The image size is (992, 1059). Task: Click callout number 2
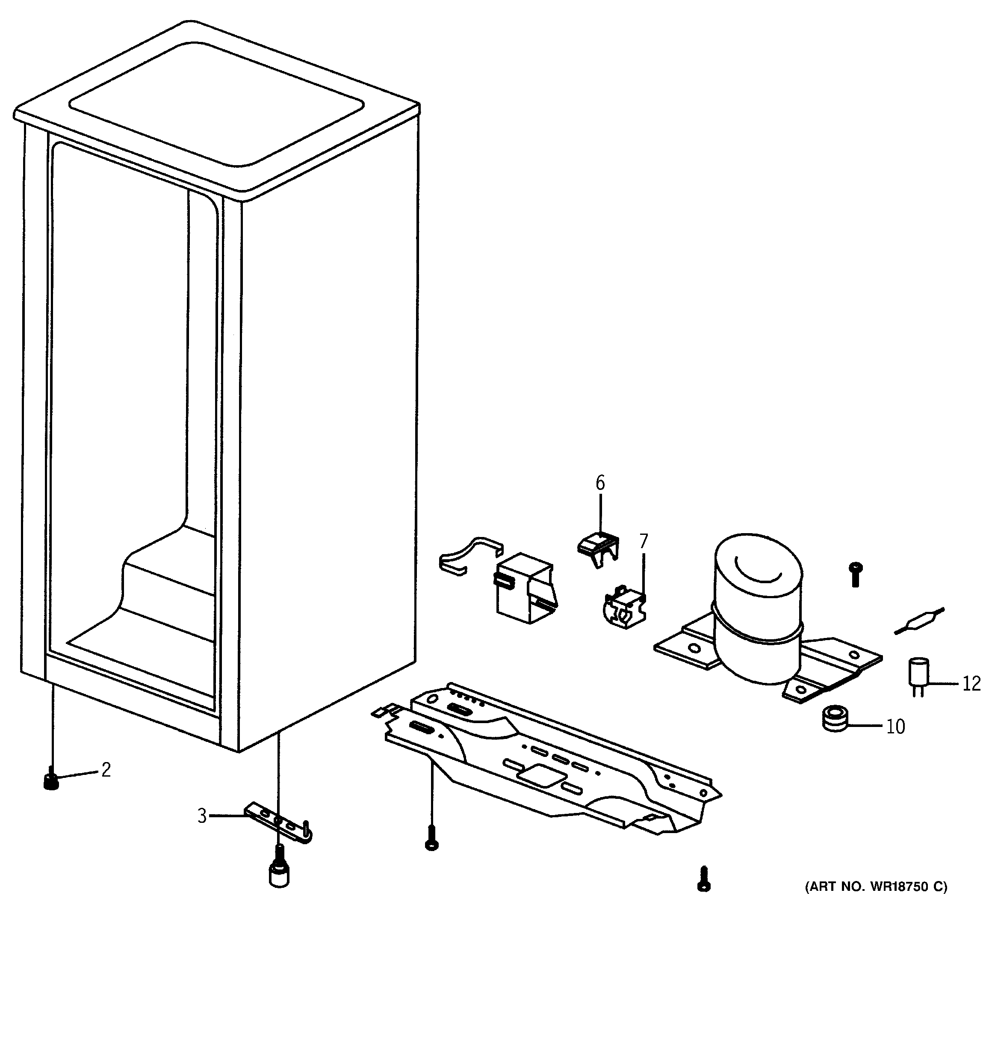(106, 770)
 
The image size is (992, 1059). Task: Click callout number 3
(202, 816)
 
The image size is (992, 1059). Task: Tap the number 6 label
(600, 483)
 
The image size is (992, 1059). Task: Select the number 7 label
(644, 541)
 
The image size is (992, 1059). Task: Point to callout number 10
(896, 727)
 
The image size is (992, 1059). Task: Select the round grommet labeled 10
(833, 719)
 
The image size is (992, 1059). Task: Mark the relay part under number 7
(623, 607)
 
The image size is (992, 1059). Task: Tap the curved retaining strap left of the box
(469, 554)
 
